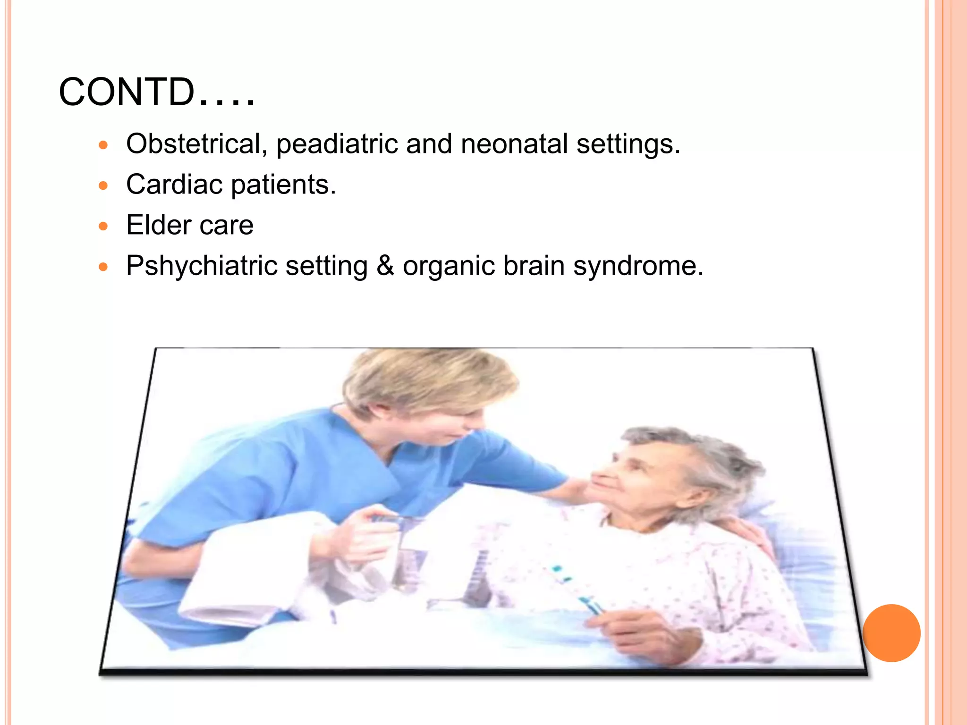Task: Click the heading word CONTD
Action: [127, 92]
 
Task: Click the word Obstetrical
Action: [194, 143]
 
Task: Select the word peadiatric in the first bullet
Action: [337, 144]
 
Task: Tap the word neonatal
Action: [514, 143]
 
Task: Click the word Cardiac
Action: [174, 184]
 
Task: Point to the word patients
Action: [283, 185]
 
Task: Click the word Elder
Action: [158, 225]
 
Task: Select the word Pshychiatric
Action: [201, 266]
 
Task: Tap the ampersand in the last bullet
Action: [385, 265]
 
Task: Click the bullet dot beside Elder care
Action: [103, 226]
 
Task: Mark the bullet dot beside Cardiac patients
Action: [103, 185]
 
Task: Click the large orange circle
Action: [891, 633]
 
